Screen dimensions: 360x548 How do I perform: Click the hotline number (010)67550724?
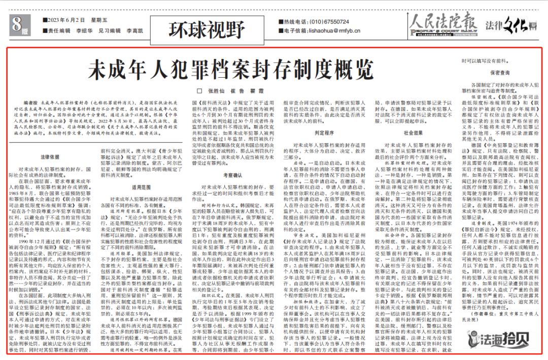tap(330, 22)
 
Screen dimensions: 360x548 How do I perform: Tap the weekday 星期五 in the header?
tap(92, 22)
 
